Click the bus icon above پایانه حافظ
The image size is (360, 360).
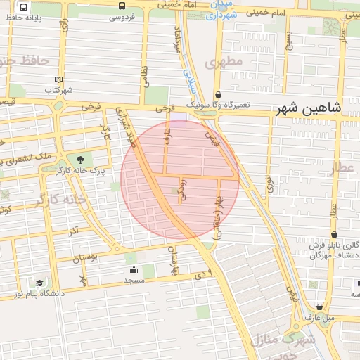click(x=24, y=6)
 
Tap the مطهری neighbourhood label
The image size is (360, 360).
click(x=224, y=62)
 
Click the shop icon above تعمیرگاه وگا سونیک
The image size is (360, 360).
click(x=219, y=94)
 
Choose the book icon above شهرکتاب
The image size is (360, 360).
click(x=59, y=79)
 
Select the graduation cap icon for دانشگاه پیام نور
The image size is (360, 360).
click(x=39, y=283)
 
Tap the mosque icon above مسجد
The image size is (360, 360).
click(x=134, y=269)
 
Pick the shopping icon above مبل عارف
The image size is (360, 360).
click(x=320, y=307)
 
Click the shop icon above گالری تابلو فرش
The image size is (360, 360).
click(x=334, y=234)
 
